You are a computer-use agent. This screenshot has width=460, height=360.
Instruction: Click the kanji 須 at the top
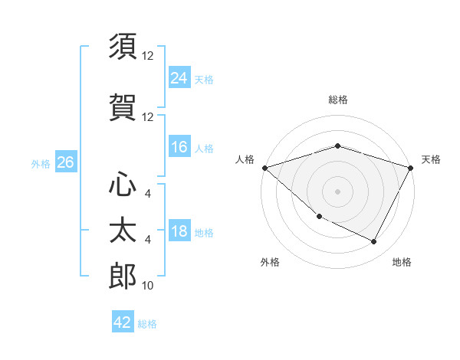click(123, 47)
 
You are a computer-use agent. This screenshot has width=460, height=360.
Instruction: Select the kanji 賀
click(123, 106)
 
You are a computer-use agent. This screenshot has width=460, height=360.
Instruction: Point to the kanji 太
click(123, 229)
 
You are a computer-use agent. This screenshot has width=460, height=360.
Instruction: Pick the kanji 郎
click(123, 277)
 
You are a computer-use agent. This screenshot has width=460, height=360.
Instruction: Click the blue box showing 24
click(179, 78)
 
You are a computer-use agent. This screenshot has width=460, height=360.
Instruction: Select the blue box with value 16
click(179, 147)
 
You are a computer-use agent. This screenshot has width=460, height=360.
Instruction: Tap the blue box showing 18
click(179, 232)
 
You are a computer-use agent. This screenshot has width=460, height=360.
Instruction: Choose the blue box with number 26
click(66, 162)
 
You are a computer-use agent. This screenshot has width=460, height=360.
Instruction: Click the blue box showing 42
click(123, 322)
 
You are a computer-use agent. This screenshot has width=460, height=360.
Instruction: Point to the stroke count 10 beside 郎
click(148, 286)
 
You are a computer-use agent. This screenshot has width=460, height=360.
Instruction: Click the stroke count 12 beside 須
click(148, 56)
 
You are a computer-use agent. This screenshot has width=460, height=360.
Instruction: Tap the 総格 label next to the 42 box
click(147, 324)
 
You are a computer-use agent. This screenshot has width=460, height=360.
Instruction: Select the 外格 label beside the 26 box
click(41, 163)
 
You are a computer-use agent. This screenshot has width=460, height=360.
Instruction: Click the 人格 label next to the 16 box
click(204, 148)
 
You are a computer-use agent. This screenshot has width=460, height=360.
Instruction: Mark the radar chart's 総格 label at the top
click(337, 100)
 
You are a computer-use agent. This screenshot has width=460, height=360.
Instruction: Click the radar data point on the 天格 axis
click(411, 168)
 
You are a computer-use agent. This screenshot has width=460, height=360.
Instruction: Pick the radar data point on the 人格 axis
click(264, 168)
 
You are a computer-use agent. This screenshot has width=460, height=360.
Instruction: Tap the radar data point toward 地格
click(374, 242)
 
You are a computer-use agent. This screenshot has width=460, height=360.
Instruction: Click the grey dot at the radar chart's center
click(337, 191)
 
